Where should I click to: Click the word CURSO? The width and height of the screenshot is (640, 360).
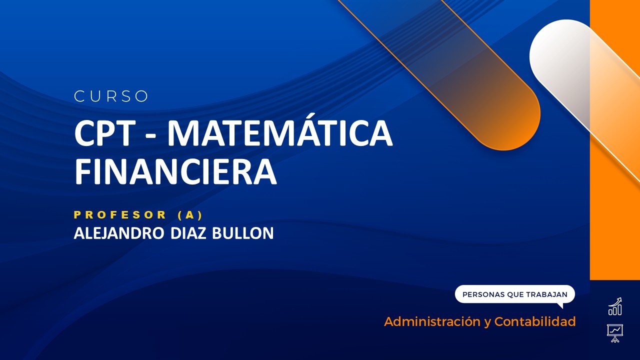111,96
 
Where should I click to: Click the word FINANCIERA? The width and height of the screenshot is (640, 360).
175,171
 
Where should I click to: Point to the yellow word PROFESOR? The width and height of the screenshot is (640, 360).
120,215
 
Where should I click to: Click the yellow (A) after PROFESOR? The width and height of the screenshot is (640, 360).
190,215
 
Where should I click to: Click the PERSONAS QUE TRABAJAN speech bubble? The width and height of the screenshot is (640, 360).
514,294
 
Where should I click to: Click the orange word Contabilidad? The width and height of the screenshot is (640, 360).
535,321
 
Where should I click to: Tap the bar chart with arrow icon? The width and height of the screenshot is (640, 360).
615,306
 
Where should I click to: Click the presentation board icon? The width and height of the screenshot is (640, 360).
615,332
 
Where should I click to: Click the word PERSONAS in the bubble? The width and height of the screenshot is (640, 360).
483,294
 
